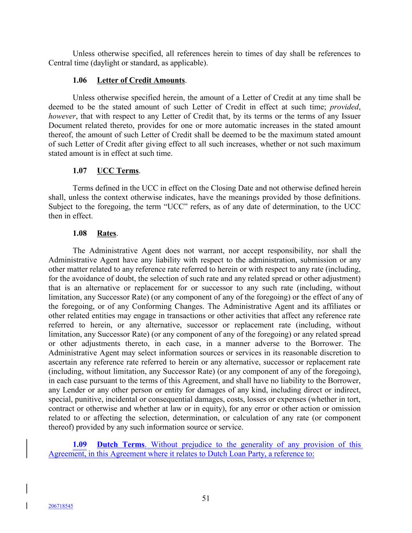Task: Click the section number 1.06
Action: pyautogui.click(x=80, y=80)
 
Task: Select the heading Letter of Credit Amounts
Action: pyautogui.click(x=141, y=80)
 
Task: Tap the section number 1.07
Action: pyautogui.click(x=80, y=171)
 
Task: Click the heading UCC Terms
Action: pyautogui.click(x=118, y=171)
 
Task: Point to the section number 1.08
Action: pyautogui.click(x=80, y=234)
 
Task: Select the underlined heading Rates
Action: pyautogui.click(x=107, y=234)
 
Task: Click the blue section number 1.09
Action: pyautogui.click(x=80, y=445)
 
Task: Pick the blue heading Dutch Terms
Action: pyautogui.click(x=121, y=445)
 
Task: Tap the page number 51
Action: pyautogui.click(x=206, y=498)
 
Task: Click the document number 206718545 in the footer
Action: pyautogui.click(x=61, y=506)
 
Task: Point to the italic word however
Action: pyautogui.click(x=62, y=116)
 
